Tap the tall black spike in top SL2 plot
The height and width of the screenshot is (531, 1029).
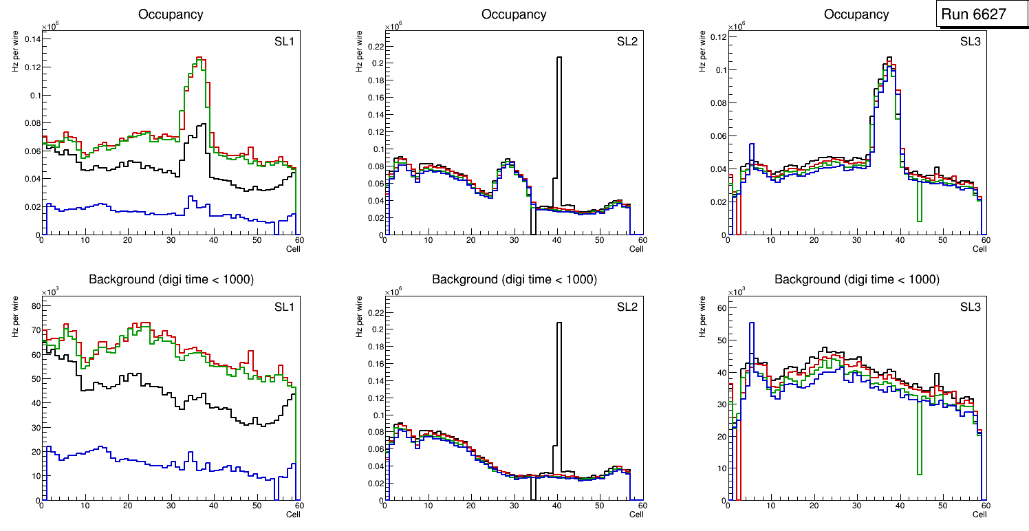click(x=559, y=103)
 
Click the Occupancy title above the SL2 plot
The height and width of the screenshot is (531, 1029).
click(x=514, y=14)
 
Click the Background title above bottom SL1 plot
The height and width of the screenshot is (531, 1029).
click(x=171, y=279)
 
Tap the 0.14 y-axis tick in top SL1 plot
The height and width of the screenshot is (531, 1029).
click(x=32, y=39)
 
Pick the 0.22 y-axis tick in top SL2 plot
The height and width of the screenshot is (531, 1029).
click(x=373, y=46)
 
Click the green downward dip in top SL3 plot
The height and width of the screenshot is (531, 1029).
click(x=919, y=199)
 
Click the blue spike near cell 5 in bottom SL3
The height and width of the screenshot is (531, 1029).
click(x=752, y=337)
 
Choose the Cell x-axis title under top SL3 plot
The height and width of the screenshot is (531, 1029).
click(x=979, y=249)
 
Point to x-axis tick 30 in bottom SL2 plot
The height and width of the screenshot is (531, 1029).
click(x=514, y=507)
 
